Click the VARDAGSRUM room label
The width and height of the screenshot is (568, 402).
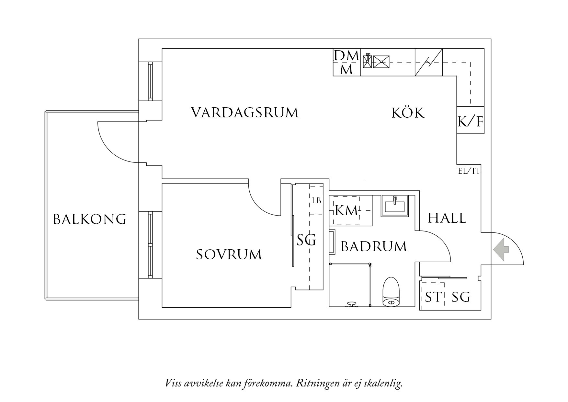pyautogui.click(x=245, y=113)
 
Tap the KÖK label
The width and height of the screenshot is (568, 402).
pyautogui.click(x=408, y=113)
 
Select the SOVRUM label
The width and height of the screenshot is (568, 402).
pyautogui.click(x=229, y=254)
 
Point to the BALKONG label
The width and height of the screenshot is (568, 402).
pyautogui.click(x=90, y=219)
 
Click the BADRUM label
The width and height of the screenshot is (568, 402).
pyautogui.click(x=374, y=247)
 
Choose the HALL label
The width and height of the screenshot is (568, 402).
pyautogui.click(x=447, y=218)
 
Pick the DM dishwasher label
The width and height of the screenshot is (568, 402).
pyautogui.click(x=346, y=56)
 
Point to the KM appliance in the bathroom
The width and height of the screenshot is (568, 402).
pyautogui.click(x=346, y=211)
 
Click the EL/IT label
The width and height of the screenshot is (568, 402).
pyautogui.click(x=469, y=171)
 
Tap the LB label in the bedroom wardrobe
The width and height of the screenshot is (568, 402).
pyautogui.click(x=316, y=201)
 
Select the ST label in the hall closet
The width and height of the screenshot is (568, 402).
pyautogui.click(x=433, y=297)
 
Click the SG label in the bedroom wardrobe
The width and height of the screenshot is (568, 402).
pyautogui.click(x=306, y=240)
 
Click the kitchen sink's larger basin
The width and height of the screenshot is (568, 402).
pyautogui.click(x=381, y=62)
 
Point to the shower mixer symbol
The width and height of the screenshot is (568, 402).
pyautogui.click(x=351, y=304)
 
